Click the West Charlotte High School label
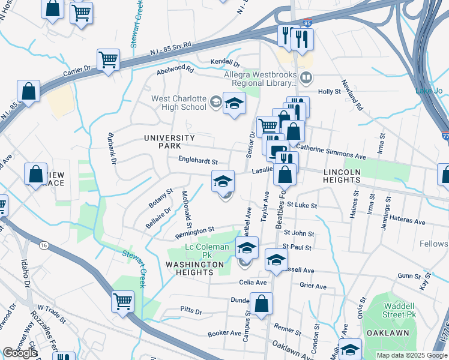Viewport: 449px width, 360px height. point(178,103)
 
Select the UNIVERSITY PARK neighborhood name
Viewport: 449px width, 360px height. point(169,142)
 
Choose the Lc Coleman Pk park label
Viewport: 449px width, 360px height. point(206,251)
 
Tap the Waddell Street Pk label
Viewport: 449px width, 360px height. point(400,310)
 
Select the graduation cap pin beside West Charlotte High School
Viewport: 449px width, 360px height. point(235,103)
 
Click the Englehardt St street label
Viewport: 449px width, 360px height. point(197,161)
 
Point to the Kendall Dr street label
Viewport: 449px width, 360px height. point(225,63)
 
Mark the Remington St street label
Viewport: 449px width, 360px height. point(194,230)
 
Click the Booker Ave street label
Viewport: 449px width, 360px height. point(224,333)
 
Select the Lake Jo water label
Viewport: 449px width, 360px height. point(429,91)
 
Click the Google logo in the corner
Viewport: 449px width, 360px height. point(20,353)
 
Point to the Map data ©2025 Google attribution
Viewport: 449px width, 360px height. point(411,355)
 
